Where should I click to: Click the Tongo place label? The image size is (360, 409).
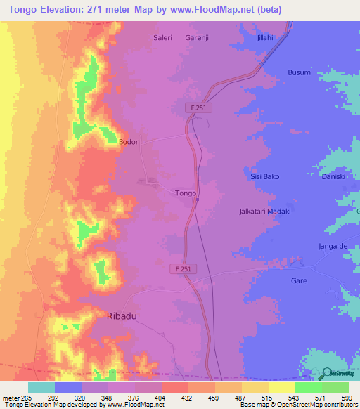pos(185,193)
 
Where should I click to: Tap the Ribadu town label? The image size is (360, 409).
pos(121,316)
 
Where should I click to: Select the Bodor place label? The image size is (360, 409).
pos(129,142)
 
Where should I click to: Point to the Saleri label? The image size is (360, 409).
pos(163,38)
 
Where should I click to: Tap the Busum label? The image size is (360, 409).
pos(299,72)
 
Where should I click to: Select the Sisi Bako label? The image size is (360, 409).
pos(265,176)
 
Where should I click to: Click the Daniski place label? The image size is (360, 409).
pos(333,176)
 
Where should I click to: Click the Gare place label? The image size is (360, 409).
pos(299,280)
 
